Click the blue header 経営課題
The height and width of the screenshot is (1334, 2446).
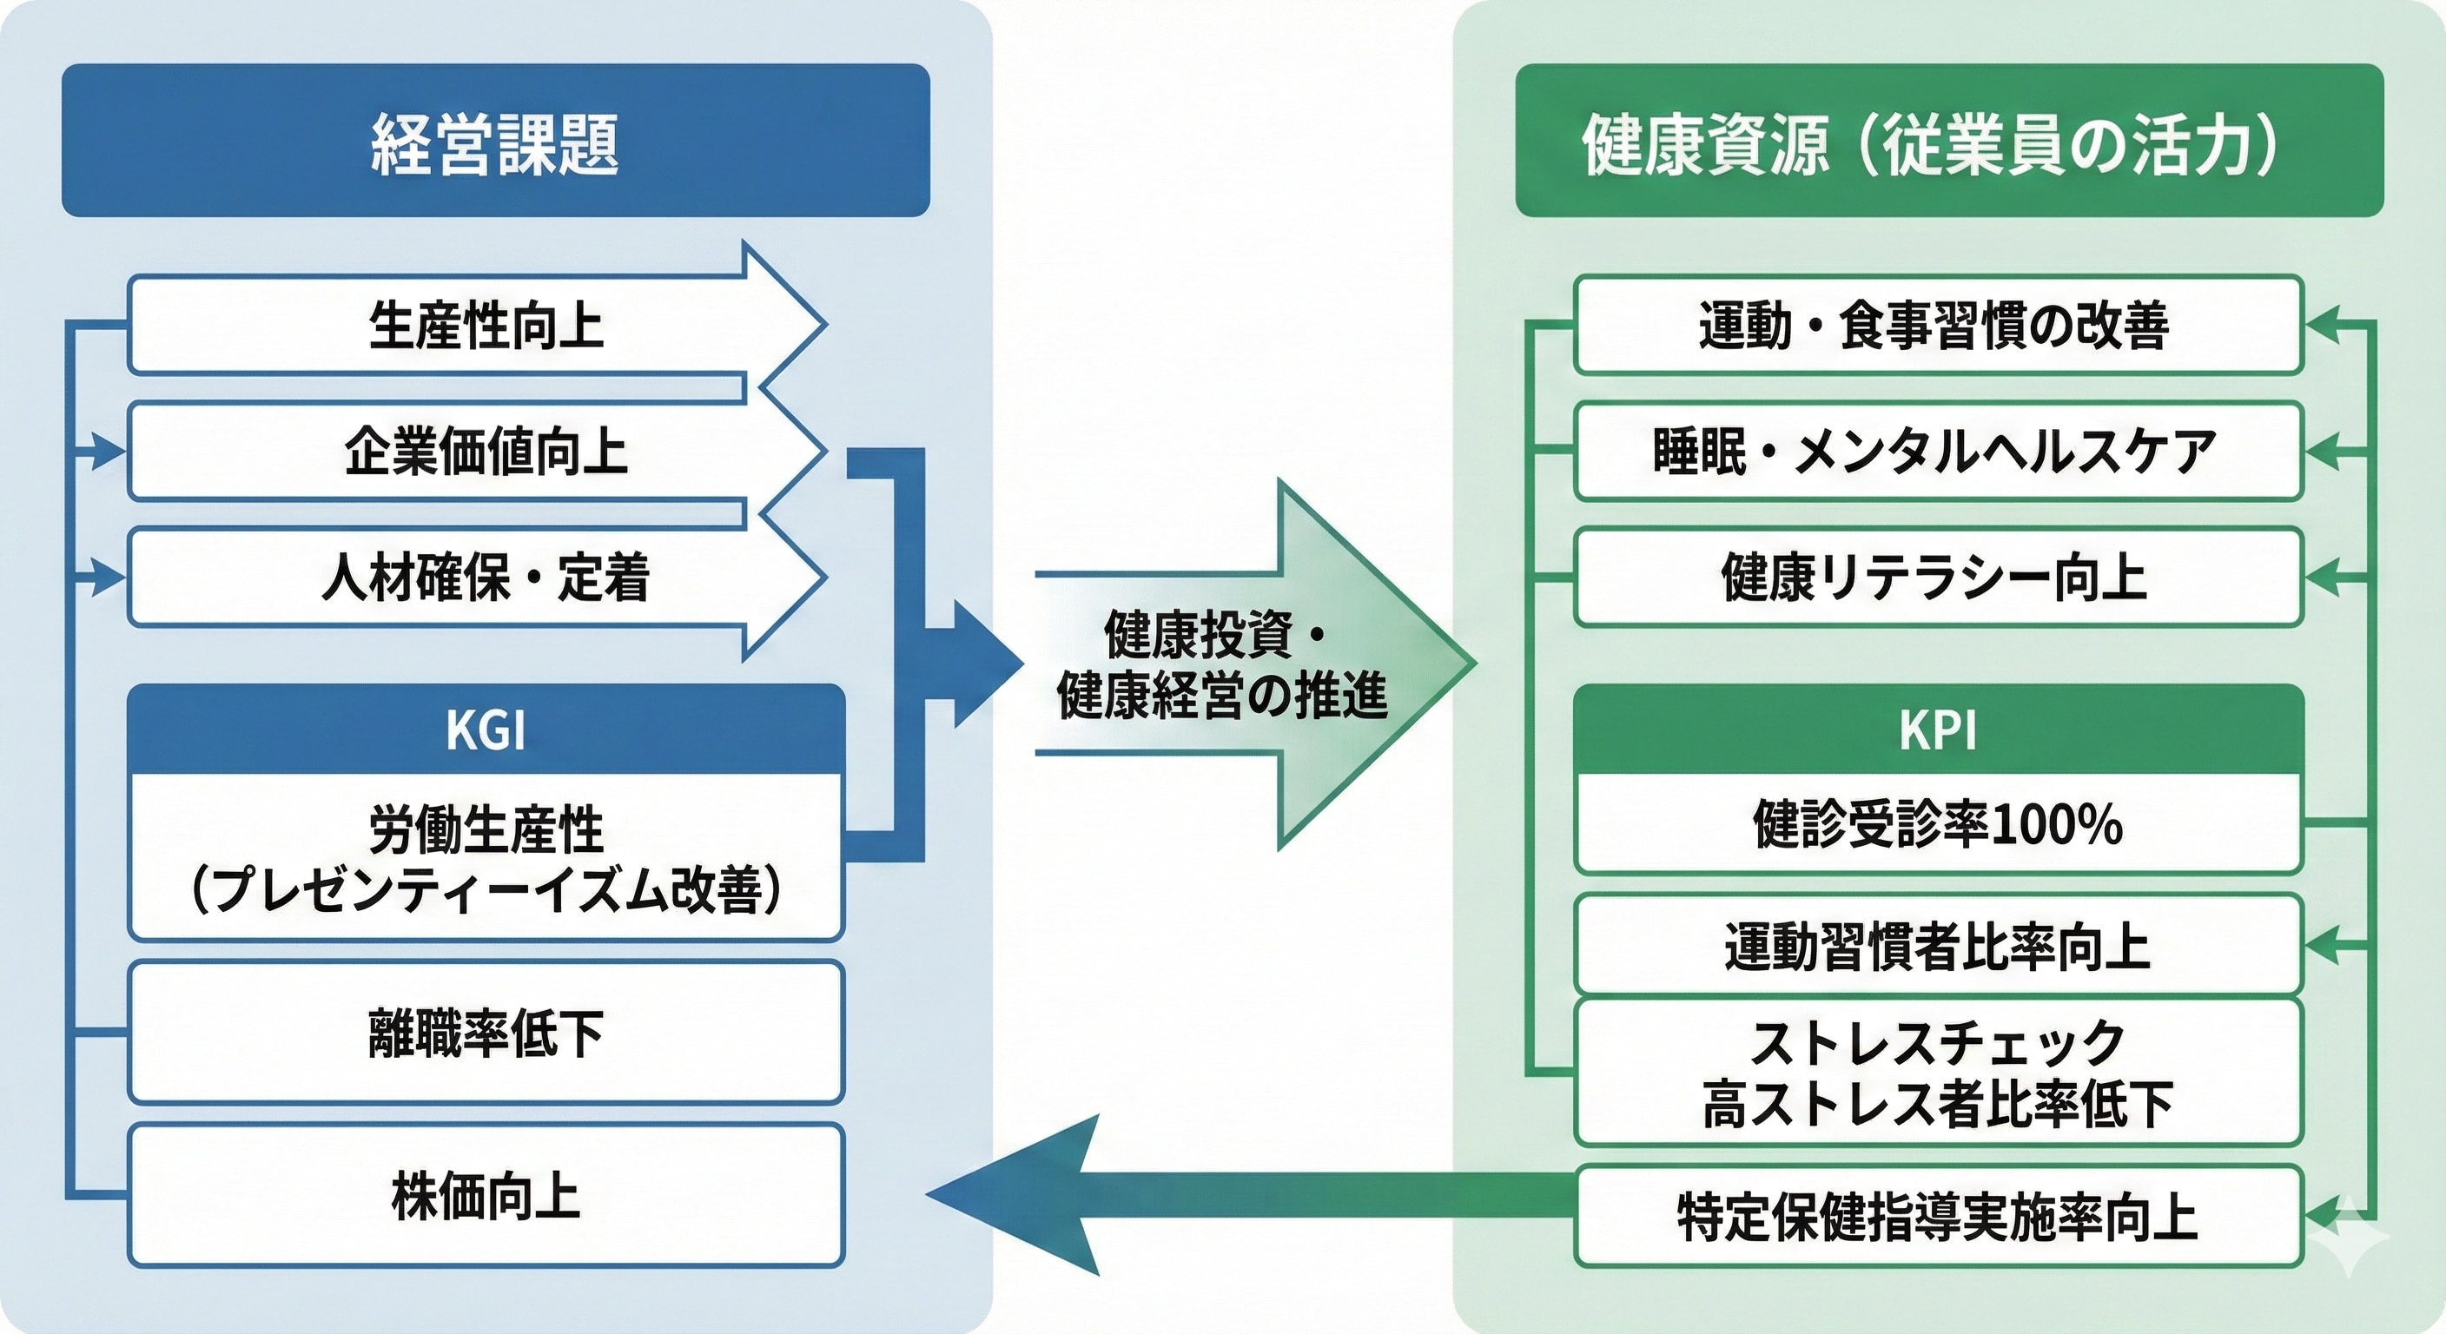point(495,141)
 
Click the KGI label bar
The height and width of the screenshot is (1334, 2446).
point(486,730)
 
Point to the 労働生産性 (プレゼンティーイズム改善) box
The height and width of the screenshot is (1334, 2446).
point(486,857)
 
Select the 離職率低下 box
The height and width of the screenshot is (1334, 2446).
point(486,1032)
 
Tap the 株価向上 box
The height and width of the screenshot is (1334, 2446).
point(486,1195)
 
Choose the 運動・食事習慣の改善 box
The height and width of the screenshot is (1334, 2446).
point(1937,325)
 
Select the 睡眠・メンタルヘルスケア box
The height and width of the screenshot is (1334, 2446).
point(1937,451)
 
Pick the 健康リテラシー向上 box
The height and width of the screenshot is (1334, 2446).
point(1937,578)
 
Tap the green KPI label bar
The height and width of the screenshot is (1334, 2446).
point(1937,730)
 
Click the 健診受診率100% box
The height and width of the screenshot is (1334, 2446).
point(1937,823)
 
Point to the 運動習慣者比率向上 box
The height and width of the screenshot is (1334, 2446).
point(1937,946)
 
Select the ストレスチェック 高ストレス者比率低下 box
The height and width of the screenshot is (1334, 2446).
point(1937,1072)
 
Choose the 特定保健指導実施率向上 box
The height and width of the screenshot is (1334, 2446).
point(1937,1216)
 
